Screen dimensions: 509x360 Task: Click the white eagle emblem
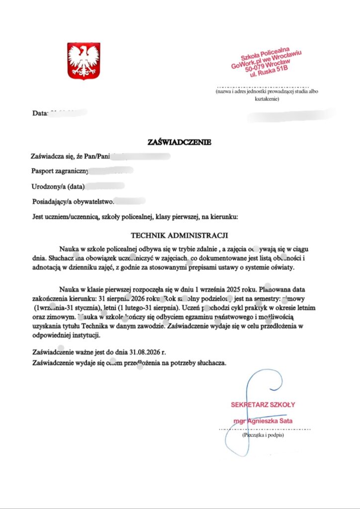click(84, 61)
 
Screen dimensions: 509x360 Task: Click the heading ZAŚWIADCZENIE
click(180, 143)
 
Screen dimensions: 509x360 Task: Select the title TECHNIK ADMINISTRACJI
click(179, 234)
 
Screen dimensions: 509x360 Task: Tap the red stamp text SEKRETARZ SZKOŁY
click(263, 405)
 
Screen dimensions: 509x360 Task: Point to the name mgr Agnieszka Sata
click(263, 421)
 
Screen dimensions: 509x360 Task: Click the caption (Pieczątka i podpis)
click(263, 435)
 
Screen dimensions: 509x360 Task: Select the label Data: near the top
click(39, 113)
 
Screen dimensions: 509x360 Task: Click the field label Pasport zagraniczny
click(60, 171)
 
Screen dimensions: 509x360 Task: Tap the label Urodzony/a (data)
click(57, 186)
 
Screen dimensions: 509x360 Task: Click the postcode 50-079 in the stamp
click(257, 69)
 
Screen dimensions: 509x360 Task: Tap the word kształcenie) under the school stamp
click(267, 99)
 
